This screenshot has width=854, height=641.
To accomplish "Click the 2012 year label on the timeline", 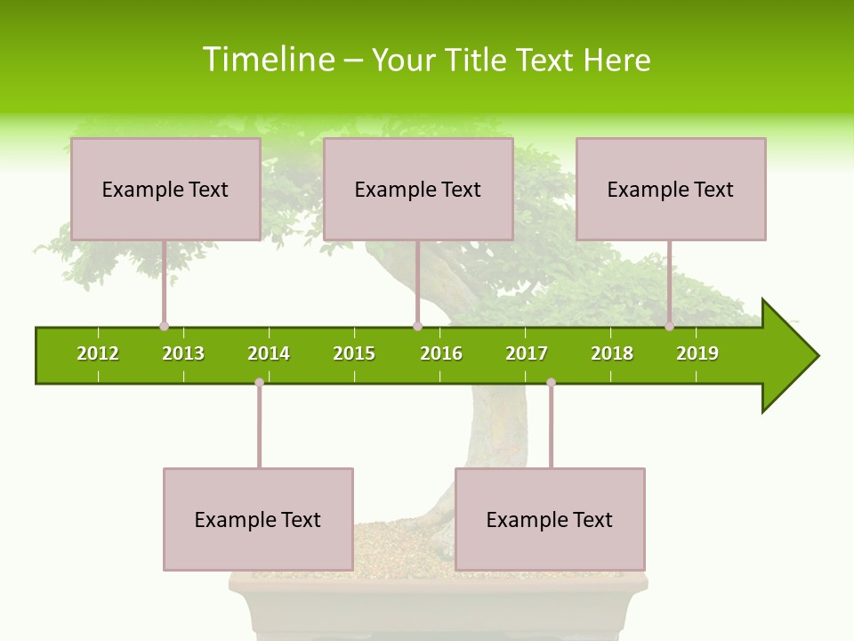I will pos(98,353).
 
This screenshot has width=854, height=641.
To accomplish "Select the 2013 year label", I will pos(183,353).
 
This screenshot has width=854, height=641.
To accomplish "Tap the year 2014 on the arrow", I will pos(269,353).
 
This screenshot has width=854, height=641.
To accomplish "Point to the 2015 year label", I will pos(354,353).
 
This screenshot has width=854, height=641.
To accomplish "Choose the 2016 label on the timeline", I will pos(441,353).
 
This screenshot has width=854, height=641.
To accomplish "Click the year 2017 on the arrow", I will pos(527,353).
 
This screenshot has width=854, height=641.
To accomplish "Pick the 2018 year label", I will pos(612,353).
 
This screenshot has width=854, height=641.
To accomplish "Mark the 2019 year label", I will pos(697,353).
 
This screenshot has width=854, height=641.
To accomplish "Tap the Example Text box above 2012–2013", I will pos(165,190).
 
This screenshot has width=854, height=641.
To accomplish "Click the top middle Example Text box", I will pos(418,190).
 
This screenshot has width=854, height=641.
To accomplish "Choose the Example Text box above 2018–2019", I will pos(671,190).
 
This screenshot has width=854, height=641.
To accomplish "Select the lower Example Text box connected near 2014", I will pos(258,520).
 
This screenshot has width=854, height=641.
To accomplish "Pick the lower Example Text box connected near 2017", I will pos(550,520).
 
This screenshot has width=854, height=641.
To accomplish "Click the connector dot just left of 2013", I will pos(165,326).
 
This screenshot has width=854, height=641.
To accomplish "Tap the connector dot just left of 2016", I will pos(417,326).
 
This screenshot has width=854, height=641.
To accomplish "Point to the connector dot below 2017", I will pos(551,383).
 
